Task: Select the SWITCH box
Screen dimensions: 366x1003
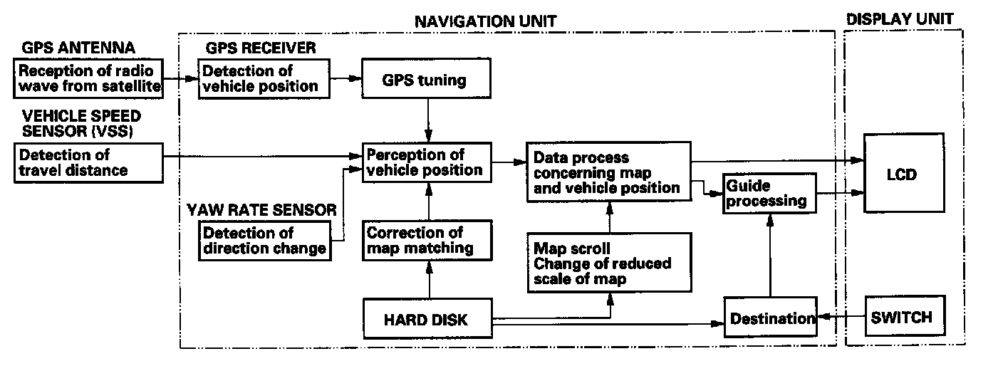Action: [x=901, y=317]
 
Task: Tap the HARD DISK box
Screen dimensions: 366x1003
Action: [x=427, y=320]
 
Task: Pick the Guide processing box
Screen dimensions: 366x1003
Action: [x=768, y=194]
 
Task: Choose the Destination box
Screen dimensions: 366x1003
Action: [x=769, y=319]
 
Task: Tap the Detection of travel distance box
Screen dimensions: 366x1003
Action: [x=88, y=162]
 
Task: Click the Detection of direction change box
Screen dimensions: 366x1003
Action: [x=266, y=241]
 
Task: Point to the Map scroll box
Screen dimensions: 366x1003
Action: [x=609, y=262]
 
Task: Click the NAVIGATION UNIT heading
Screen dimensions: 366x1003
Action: [x=485, y=21]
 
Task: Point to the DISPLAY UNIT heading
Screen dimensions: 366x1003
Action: [x=899, y=19]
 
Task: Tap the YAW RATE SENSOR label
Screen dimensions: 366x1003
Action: [x=261, y=209]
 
